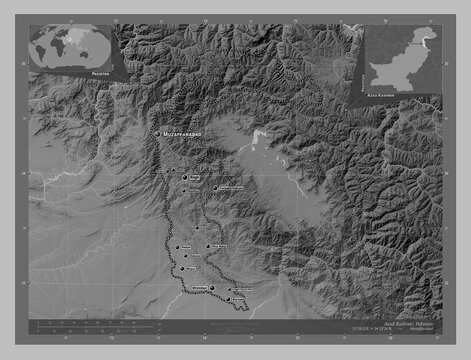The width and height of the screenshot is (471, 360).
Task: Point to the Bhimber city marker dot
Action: click(x=212, y=286)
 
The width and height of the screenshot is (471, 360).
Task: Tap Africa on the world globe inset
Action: click(x=63, y=48)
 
